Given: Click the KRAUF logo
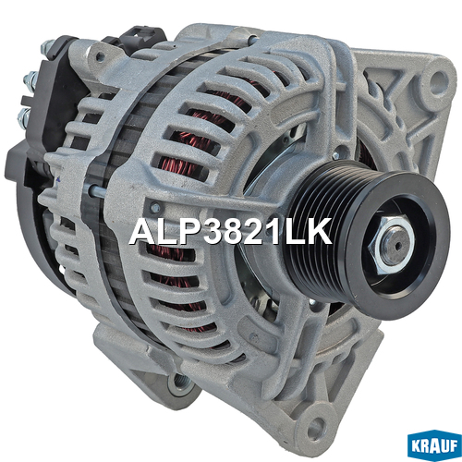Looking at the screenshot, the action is (x=434, y=447).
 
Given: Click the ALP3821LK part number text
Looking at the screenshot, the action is (x=230, y=232).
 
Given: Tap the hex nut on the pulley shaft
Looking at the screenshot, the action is (x=392, y=243).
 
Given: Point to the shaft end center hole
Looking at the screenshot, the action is (x=398, y=246).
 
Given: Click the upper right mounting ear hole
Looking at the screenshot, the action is (x=437, y=79).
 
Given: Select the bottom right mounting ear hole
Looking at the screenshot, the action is (x=316, y=425).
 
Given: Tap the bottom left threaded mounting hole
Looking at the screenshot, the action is (x=178, y=383).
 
